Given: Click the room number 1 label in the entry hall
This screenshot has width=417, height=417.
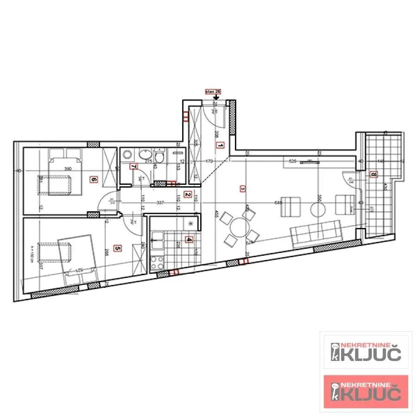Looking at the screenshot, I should click(221, 145).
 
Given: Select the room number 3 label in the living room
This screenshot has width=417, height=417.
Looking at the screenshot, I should click(242, 189).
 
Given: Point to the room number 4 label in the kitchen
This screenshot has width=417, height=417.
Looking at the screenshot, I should click(189, 240).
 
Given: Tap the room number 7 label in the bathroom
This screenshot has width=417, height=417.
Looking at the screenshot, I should click(133, 166).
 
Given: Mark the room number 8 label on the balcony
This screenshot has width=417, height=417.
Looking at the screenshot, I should click(374, 175).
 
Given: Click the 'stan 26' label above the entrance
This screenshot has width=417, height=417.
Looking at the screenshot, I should click(213, 92).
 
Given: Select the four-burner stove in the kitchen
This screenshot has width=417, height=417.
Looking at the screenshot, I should click(157, 262).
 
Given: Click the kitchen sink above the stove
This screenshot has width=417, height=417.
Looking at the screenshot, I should click(157, 239).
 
